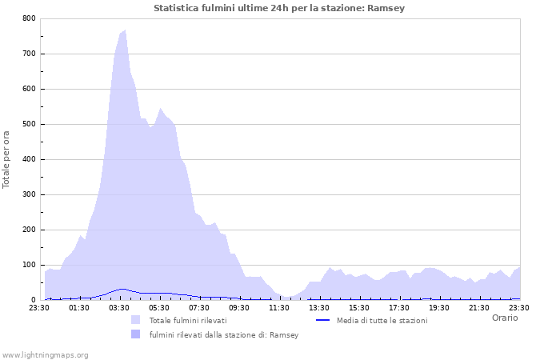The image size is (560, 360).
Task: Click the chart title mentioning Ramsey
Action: tap(279, 8)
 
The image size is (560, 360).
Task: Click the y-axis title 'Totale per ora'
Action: tap(7, 158)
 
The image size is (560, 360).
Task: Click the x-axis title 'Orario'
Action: tap(505, 318)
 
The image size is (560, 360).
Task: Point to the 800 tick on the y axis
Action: tap(30, 18)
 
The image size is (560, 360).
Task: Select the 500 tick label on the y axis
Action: tap(30, 124)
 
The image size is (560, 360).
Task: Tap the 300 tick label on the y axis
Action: tap(30, 194)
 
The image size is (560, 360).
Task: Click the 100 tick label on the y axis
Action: tap(30, 265)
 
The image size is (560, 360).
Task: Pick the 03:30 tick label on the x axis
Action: tap(119, 307)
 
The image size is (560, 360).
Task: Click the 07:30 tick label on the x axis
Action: tap(199, 307)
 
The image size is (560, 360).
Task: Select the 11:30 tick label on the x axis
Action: tap(279, 307)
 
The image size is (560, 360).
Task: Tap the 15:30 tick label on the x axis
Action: tap(359, 307)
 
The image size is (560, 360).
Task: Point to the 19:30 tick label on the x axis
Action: tap(439, 307)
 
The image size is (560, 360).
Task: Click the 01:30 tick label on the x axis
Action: tap(79, 307)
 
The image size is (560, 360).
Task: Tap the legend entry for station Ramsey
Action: tap(224, 334)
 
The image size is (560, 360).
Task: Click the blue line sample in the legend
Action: tap(323, 320)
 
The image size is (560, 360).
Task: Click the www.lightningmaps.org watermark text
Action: tap(45, 354)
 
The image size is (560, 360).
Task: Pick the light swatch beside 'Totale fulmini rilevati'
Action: tap(136, 320)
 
